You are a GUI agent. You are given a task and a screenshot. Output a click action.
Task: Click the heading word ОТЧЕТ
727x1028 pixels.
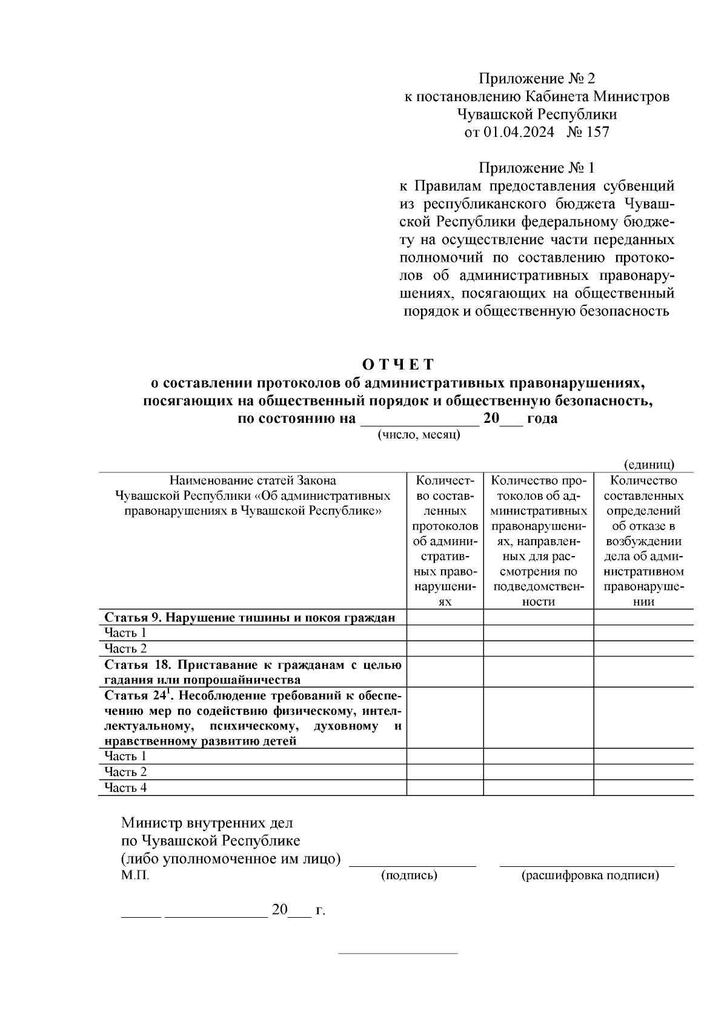pos(398,364)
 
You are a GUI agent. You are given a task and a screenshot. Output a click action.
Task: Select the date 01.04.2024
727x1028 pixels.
pos(519,132)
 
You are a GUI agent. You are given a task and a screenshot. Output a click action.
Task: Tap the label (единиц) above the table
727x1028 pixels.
pos(649,464)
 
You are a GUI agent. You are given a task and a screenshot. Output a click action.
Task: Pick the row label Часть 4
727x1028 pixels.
pos(125,788)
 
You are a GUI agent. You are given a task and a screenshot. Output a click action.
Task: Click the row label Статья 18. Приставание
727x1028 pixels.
pos(253,672)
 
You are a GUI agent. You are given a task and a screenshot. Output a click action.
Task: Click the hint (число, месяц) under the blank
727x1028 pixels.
pos(419,434)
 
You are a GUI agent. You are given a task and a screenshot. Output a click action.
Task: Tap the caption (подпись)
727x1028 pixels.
pos(409,875)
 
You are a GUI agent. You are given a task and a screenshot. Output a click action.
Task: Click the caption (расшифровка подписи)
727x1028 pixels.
pos(589,875)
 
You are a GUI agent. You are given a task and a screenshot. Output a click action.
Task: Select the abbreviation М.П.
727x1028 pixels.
pos(134,875)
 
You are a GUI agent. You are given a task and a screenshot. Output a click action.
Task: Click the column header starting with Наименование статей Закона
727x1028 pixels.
pos(253,496)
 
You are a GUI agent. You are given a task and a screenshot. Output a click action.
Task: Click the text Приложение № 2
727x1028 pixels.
pos(537,79)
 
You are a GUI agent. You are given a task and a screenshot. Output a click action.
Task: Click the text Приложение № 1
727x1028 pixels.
pos(537,167)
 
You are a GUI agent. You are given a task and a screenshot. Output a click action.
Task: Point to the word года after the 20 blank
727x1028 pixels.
pos(542,419)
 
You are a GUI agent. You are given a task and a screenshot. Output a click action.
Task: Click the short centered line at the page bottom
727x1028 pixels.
pos(397,953)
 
